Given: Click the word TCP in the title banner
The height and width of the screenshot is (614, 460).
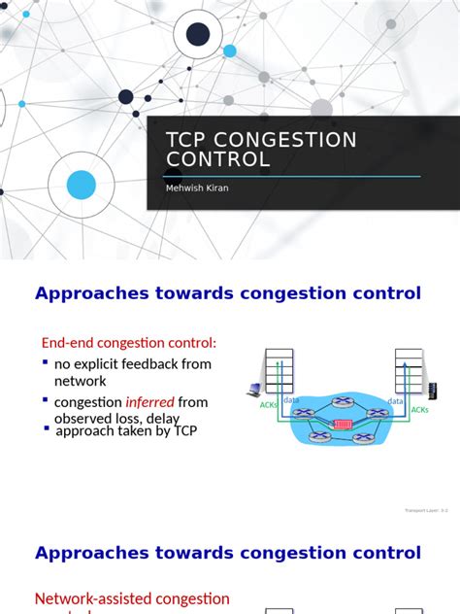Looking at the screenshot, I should tap(187, 140).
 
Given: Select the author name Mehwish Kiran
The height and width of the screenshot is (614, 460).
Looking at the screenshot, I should tap(197, 188).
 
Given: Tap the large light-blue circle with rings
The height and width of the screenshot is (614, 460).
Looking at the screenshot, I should tap(82, 185).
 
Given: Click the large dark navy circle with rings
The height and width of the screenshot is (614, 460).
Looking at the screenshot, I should tap(198, 35).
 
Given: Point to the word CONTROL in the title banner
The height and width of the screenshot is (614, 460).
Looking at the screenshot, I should tap(218, 159).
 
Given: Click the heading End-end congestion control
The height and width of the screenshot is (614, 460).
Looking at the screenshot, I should tap(129, 342).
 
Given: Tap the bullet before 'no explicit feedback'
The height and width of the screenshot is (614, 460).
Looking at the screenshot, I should tap(45, 362).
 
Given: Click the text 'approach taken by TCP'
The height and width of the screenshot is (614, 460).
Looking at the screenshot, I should tap(126, 430).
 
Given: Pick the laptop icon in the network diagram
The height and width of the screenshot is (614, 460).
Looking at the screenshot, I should tap(254, 391).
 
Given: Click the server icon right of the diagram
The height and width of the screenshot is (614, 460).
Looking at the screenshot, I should tap(432, 391).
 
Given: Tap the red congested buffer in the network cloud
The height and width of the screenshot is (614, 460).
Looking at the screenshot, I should tap(343, 424).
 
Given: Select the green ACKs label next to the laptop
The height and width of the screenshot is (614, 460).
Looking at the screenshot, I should tap(269, 406).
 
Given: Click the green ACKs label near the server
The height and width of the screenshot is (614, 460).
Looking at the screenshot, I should tap(419, 410).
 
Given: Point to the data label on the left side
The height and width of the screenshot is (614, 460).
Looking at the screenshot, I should tap(291, 400).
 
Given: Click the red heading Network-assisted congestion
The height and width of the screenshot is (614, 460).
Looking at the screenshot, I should tap(132, 598).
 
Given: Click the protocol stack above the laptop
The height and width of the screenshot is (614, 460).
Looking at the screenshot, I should tap(279, 370).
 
